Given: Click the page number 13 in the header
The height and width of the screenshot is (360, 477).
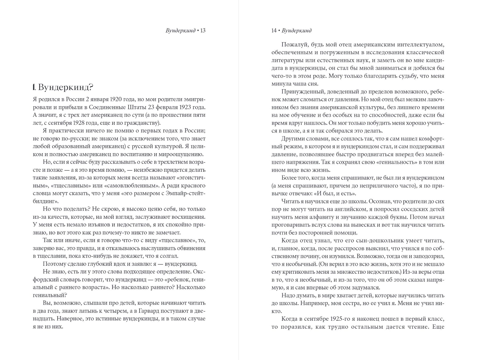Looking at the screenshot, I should click(203, 31).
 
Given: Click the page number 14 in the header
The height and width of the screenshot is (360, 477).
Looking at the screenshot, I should click(274, 31).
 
